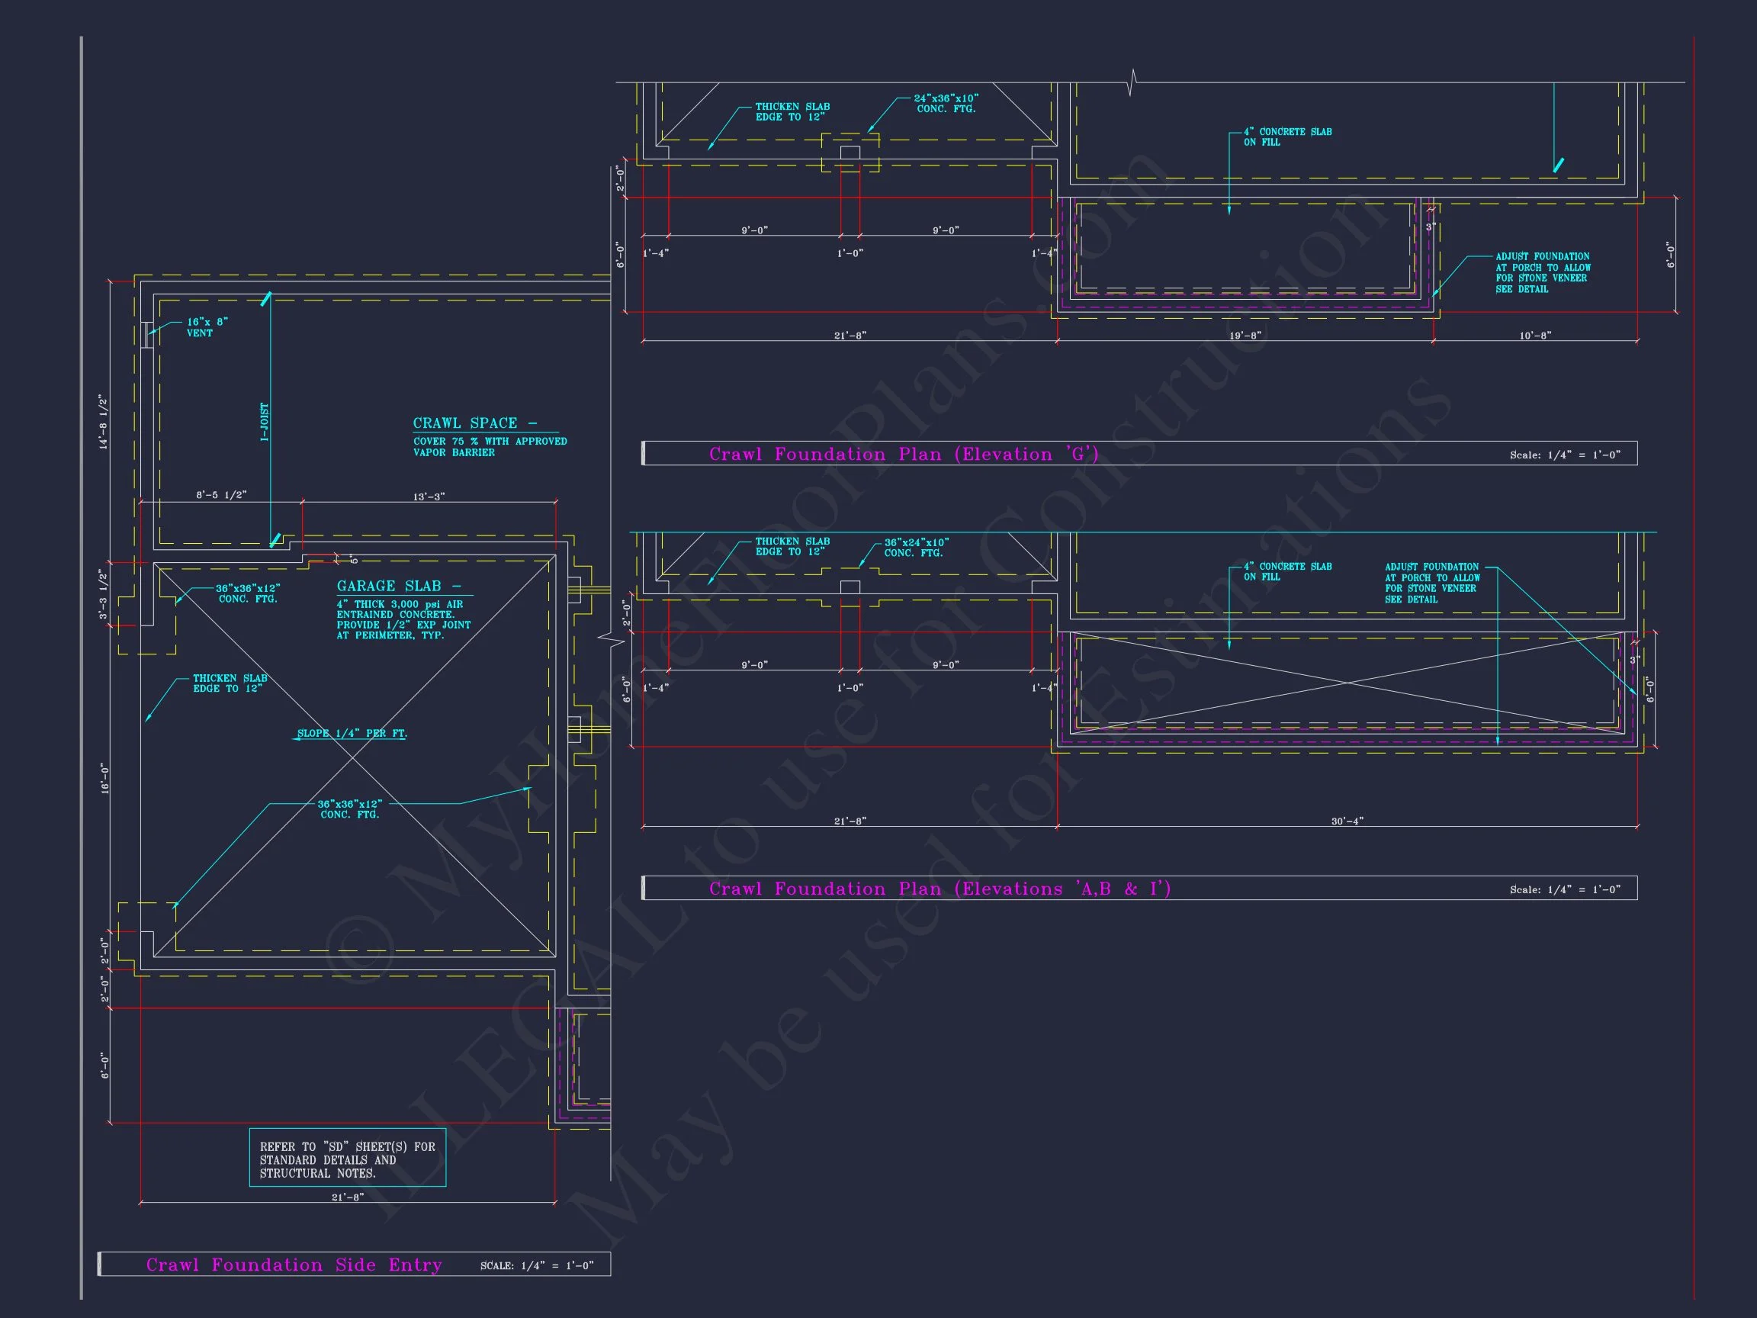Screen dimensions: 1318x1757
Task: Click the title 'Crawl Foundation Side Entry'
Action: tap(294, 1265)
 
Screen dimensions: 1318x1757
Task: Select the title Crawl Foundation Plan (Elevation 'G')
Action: tap(903, 455)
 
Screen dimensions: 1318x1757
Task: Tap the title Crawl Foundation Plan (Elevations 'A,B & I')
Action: tap(940, 889)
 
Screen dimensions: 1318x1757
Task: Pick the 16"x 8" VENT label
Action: tap(207, 327)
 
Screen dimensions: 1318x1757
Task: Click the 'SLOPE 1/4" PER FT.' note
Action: tap(352, 733)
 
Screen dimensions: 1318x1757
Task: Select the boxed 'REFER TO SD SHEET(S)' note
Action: tap(347, 1159)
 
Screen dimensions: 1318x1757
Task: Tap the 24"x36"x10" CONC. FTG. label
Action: tap(945, 103)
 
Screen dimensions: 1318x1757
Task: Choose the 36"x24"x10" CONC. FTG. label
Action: tap(916, 548)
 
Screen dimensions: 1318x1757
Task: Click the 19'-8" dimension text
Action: tap(1245, 336)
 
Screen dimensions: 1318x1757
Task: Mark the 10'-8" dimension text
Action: tap(1534, 336)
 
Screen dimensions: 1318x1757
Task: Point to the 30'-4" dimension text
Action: tap(1347, 821)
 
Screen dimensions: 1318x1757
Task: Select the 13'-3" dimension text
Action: tap(429, 497)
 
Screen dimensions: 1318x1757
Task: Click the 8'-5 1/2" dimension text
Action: tap(222, 495)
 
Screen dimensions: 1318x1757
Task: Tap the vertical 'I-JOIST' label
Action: tap(265, 422)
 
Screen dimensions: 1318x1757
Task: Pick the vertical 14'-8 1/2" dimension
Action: tap(103, 422)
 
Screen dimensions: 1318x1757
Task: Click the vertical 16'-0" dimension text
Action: tap(103, 779)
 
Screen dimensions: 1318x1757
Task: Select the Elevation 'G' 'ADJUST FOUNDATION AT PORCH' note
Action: tap(1542, 272)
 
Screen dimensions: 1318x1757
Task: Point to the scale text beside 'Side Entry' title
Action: tap(536, 1265)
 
